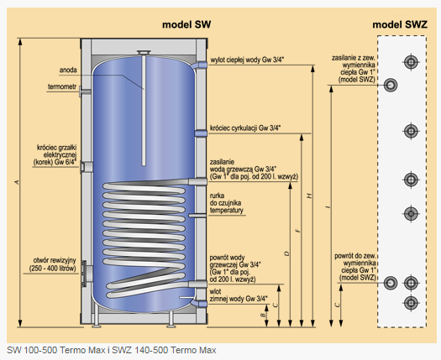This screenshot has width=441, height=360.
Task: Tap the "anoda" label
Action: pos(70,70)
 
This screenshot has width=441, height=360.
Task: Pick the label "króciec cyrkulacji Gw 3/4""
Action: pos(246,128)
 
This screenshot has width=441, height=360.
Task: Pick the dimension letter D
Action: pos(286,253)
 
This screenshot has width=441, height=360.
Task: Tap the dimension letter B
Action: pos(263,314)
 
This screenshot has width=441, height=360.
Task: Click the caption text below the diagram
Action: pos(111,349)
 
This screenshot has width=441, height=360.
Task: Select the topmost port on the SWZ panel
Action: pos(411,62)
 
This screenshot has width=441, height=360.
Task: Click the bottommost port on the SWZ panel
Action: pos(411,302)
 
